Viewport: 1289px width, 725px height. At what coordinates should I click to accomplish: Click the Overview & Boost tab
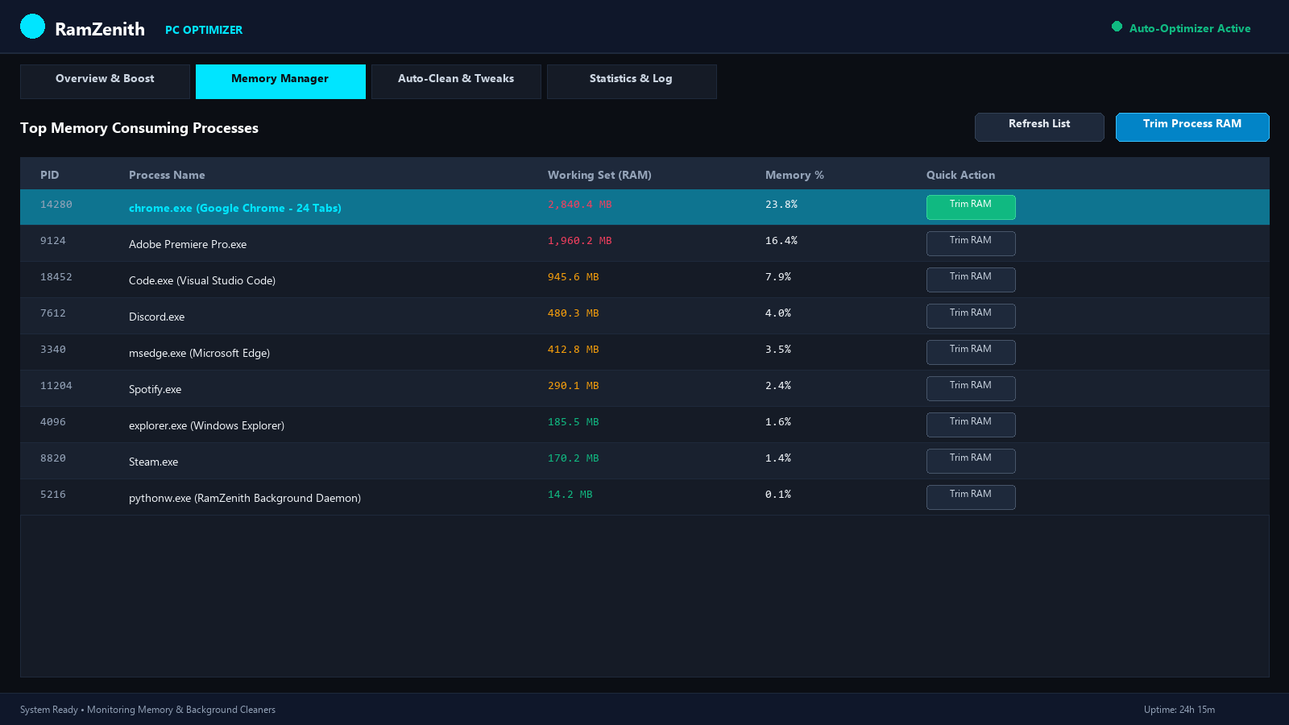[105, 81]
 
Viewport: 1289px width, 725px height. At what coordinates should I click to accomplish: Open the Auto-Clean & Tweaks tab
[456, 81]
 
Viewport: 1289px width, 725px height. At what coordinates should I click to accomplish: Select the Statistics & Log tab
[632, 81]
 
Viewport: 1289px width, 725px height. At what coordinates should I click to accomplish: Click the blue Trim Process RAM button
[1192, 126]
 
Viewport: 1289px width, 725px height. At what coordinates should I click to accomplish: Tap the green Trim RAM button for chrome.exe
[971, 207]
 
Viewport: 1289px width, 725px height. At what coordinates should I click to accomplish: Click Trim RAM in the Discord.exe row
[971, 316]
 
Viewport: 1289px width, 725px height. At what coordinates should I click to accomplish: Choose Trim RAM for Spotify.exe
[971, 388]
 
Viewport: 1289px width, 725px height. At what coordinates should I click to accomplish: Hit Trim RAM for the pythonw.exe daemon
[971, 497]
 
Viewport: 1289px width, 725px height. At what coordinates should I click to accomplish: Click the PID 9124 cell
[53, 241]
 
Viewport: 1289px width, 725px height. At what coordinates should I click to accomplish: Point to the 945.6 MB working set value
[573, 277]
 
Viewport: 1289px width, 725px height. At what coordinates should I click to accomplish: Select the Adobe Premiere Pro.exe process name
[188, 244]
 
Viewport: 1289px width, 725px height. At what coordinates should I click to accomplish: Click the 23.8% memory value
[781, 205]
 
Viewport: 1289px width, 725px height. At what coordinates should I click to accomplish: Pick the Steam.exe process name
[153, 462]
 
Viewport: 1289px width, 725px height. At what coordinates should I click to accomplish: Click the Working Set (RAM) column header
[599, 175]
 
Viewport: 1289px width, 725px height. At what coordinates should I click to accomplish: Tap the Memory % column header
[794, 175]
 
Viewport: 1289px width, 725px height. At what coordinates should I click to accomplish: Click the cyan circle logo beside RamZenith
[32, 27]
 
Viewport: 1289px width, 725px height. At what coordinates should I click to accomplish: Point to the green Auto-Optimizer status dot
[1117, 27]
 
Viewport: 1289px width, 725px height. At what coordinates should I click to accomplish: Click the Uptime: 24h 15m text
[1179, 710]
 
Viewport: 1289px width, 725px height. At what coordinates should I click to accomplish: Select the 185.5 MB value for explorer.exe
[573, 422]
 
